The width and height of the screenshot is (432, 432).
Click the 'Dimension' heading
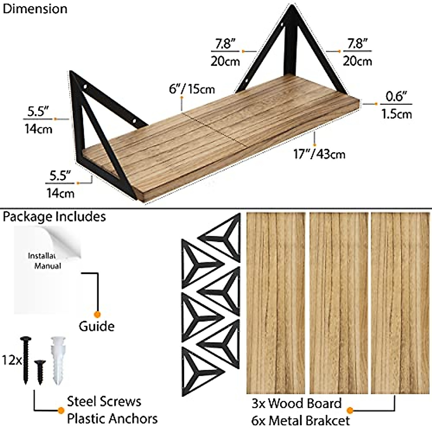click(x=35, y=9)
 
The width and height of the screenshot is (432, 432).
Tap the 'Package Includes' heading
click(x=54, y=217)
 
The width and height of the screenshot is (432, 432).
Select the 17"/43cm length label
click(x=319, y=154)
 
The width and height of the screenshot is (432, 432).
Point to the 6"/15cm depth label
click(x=192, y=89)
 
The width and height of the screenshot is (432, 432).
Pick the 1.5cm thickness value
click(x=396, y=114)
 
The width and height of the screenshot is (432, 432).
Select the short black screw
click(x=40, y=371)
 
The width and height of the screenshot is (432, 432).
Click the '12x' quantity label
click(x=11, y=360)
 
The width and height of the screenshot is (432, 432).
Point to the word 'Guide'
click(x=96, y=326)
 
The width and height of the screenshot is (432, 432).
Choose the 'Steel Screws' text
click(x=104, y=401)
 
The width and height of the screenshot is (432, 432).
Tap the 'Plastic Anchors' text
click(x=112, y=419)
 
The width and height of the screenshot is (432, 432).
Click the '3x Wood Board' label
click(x=296, y=403)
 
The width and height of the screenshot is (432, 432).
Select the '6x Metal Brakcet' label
click(x=301, y=420)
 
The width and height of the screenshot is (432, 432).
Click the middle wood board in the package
click(x=339, y=303)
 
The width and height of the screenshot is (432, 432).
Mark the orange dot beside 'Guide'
click(x=96, y=314)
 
